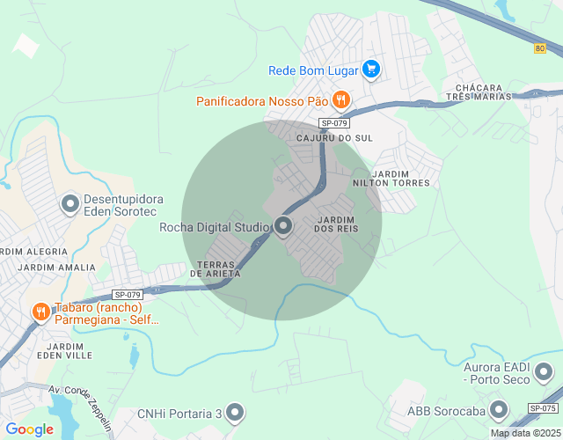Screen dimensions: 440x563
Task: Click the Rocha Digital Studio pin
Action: (x=283, y=227)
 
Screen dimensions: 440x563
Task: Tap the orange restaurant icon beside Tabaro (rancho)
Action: (x=40, y=312)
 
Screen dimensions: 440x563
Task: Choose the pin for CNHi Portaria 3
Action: (x=234, y=412)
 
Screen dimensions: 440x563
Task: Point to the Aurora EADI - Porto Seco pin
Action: (x=545, y=371)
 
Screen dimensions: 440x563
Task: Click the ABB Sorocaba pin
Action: (x=500, y=409)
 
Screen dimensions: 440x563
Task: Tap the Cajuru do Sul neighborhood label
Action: (x=334, y=139)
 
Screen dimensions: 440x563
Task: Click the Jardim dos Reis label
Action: (x=336, y=224)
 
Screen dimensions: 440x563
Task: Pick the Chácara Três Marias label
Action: (x=479, y=92)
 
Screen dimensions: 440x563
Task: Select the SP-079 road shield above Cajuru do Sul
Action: (x=334, y=123)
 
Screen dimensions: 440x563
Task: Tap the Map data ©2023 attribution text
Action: (x=524, y=433)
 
